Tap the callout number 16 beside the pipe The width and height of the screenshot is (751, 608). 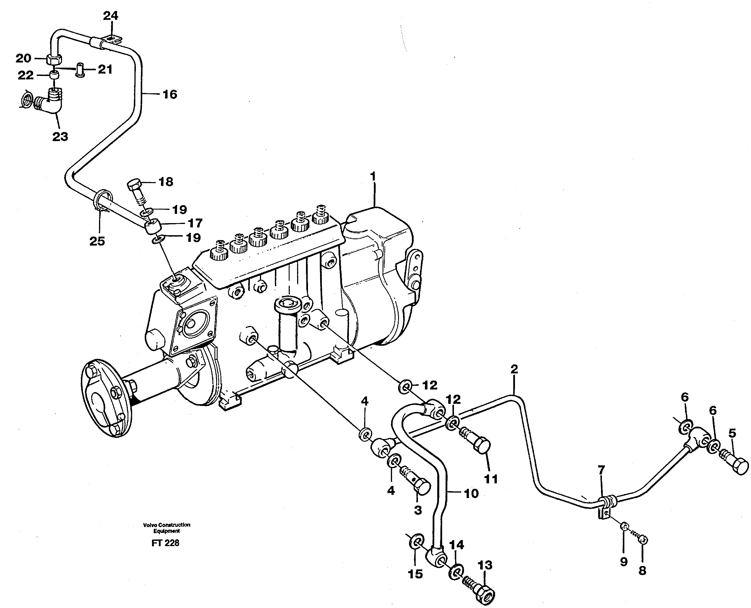[170, 94]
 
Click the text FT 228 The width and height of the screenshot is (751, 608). [165, 543]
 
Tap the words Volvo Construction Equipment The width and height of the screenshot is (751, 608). [167, 527]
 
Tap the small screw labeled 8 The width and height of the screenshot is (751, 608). [643, 540]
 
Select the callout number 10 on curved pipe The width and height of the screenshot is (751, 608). [471, 493]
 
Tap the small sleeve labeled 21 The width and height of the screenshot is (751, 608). [81, 69]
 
